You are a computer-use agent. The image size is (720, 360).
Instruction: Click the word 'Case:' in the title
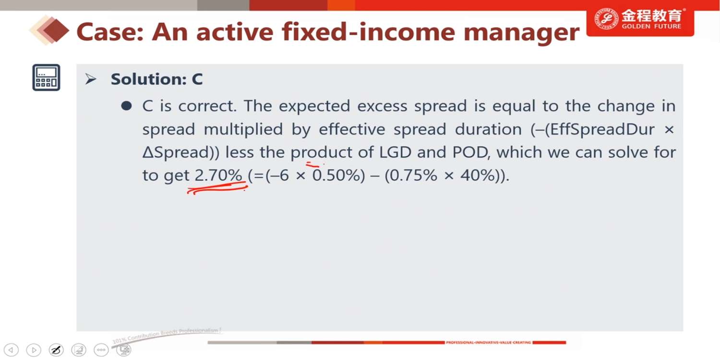pos(110,32)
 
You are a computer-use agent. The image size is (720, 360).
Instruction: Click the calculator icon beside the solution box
pos(46,77)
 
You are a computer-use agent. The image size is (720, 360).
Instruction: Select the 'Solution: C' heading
pos(157,79)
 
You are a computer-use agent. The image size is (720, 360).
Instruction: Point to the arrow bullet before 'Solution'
pos(91,79)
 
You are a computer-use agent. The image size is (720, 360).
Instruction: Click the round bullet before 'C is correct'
pos(127,106)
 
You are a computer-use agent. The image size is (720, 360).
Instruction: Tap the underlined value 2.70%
pos(218,176)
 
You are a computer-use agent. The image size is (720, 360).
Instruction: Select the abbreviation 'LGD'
pos(395,152)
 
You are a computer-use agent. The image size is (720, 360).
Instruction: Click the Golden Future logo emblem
pos(606,20)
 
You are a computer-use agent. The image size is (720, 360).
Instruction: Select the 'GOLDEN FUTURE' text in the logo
pos(651,26)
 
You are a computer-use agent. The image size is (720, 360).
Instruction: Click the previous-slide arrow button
pos(11,350)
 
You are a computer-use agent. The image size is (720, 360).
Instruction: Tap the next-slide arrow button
pos(34,350)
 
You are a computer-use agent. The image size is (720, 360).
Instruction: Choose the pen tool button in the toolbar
pos(56,350)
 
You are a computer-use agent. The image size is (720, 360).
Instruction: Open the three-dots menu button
pos(101,350)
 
